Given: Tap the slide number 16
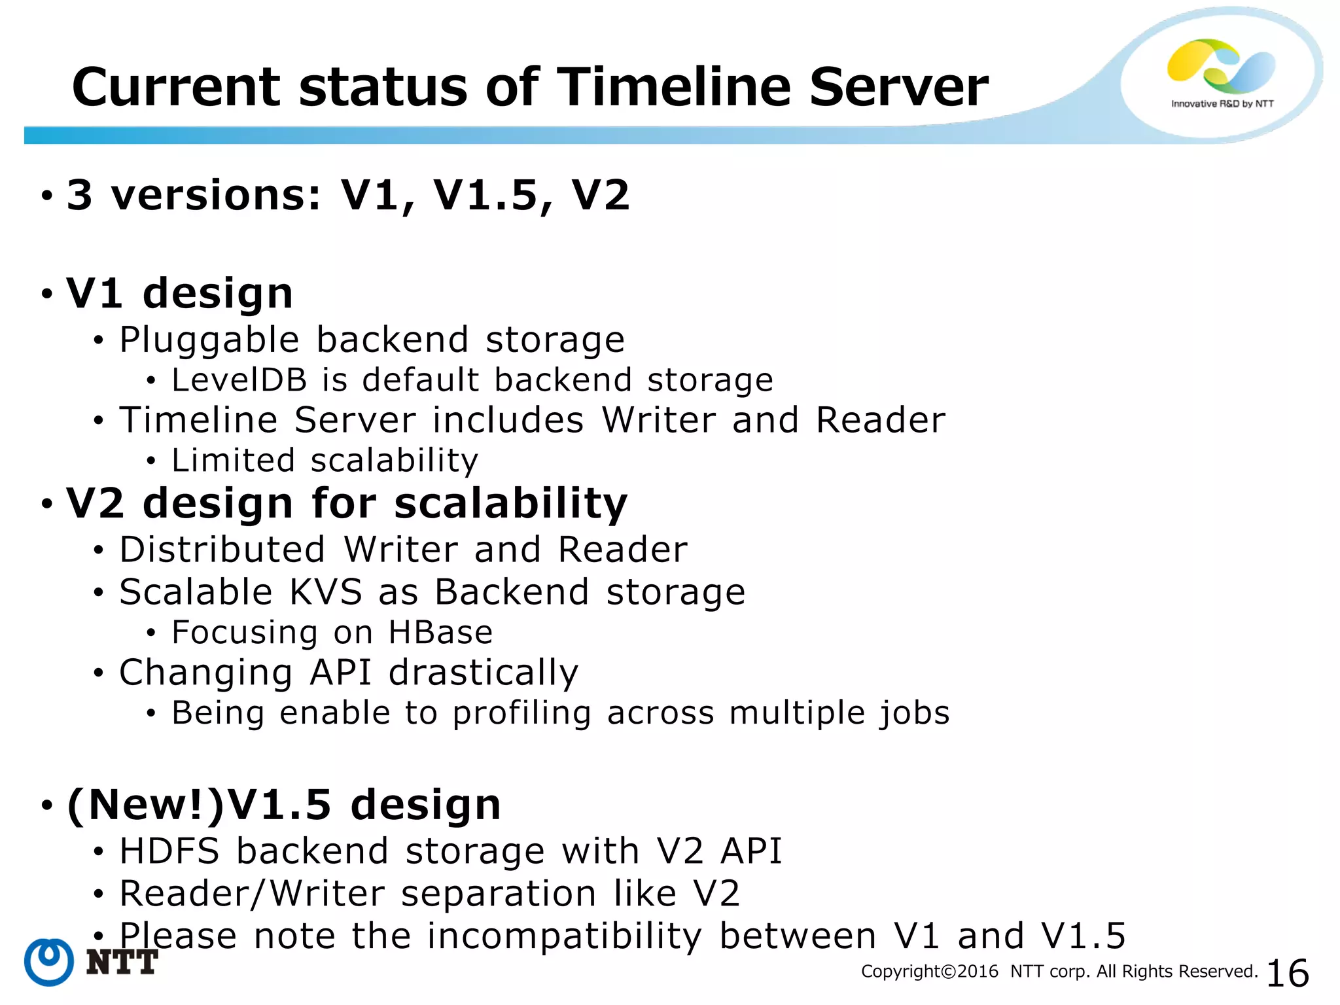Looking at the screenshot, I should (x=1288, y=973).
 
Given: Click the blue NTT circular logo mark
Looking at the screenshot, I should (x=49, y=962).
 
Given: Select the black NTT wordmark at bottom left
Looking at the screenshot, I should (x=122, y=962).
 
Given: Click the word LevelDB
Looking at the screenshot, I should (x=239, y=380).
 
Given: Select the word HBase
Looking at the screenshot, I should (x=440, y=633).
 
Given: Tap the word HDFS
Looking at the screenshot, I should (x=169, y=851).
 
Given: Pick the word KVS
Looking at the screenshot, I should (x=326, y=592).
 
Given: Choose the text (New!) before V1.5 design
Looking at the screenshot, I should (x=145, y=805).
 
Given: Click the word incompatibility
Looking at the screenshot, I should (x=565, y=936).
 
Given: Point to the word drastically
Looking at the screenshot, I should (x=484, y=673).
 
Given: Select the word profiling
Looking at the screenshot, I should (x=522, y=713).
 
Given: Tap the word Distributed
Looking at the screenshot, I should (x=222, y=550).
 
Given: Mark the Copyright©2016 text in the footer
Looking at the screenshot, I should (x=930, y=972).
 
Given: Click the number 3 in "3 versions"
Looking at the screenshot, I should (x=80, y=195).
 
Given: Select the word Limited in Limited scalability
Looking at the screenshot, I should (x=234, y=461).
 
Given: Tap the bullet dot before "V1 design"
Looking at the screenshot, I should (x=46, y=294).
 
